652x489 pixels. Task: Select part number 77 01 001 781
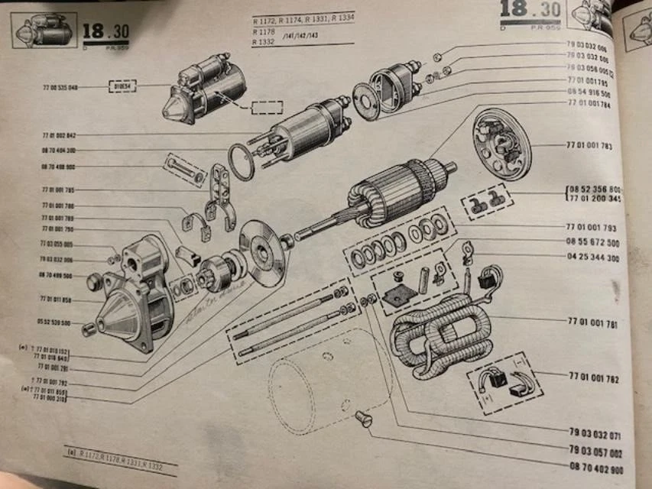pyautogui.click(x=593, y=325)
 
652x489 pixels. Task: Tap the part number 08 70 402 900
pyautogui.click(x=595, y=469)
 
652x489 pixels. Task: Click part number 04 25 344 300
pyautogui.click(x=593, y=258)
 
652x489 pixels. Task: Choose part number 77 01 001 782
pyautogui.click(x=594, y=377)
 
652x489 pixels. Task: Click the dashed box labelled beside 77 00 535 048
pyautogui.click(x=122, y=87)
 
